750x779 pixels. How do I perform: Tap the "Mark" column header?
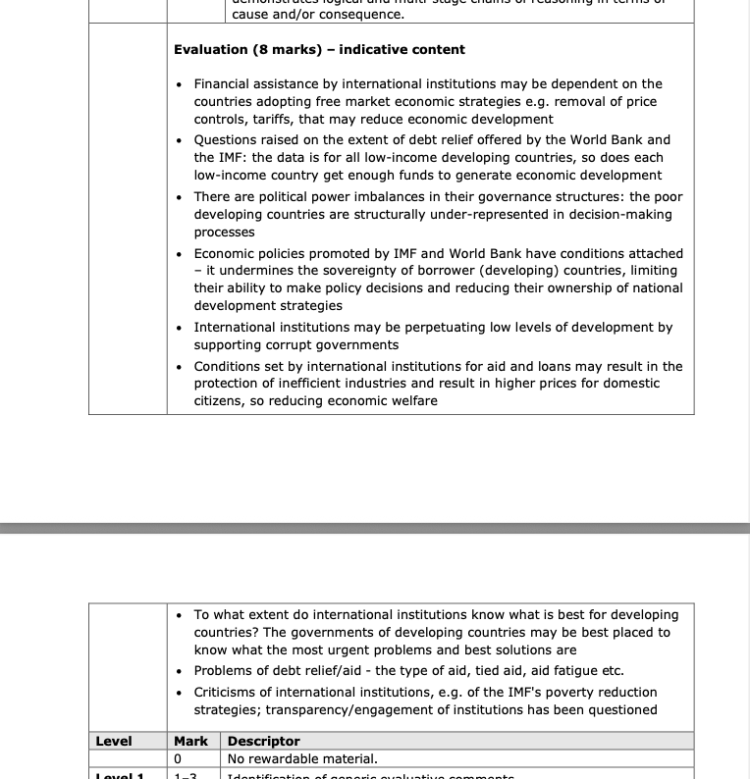[x=190, y=741]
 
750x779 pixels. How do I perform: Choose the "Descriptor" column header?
[x=263, y=741]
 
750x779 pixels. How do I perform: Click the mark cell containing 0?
[x=179, y=758]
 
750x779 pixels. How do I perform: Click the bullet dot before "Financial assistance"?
[x=179, y=85]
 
